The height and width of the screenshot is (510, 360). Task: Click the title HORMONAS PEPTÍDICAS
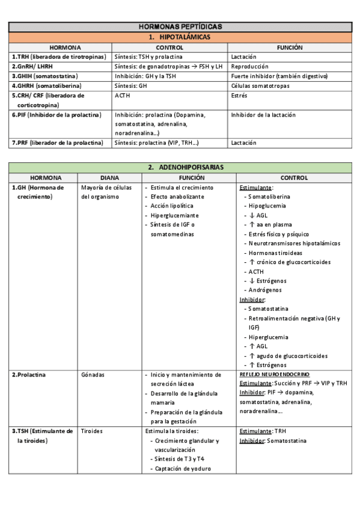point(180,26)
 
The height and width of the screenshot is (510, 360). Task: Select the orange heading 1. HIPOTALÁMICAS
point(180,37)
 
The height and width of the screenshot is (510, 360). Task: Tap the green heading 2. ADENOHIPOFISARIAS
point(180,167)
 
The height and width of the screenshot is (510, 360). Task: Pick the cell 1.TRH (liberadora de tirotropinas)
point(58,57)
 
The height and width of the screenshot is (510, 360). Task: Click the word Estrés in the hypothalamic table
point(240,95)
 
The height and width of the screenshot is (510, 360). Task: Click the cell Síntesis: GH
point(130,85)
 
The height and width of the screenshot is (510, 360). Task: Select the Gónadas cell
point(93,374)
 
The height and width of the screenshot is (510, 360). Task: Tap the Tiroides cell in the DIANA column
point(93,431)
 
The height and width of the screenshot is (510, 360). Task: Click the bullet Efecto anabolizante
point(177,196)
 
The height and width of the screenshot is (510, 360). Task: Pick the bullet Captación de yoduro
point(183,469)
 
